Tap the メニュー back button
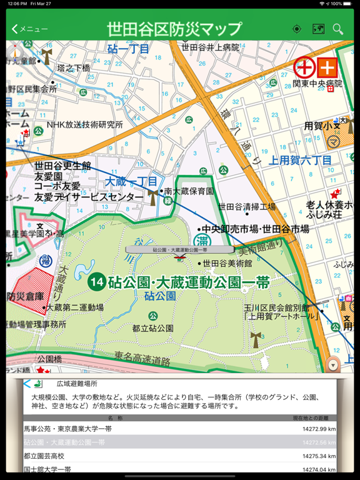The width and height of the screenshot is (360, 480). [30, 29]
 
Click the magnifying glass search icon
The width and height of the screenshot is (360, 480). [338, 29]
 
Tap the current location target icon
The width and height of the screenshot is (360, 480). [297, 29]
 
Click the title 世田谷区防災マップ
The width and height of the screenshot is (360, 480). [174, 29]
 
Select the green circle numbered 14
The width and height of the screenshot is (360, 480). [96, 281]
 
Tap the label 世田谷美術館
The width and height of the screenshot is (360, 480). [227, 263]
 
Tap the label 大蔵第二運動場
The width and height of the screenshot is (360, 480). [75, 307]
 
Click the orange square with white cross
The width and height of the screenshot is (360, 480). [327, 67]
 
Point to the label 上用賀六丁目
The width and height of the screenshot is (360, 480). [300, 161]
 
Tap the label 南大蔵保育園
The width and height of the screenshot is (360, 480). [189, 191]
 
